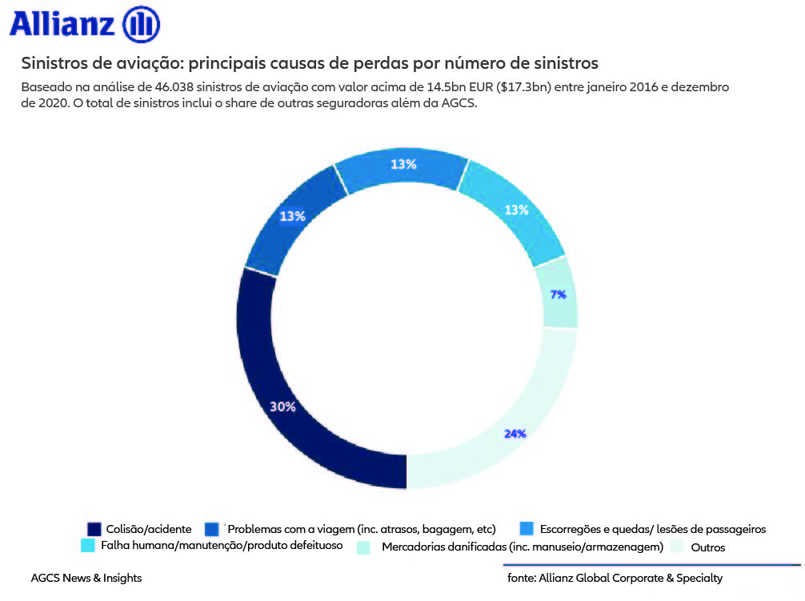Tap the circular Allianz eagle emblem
coord(142,24)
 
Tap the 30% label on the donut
coord(282,407)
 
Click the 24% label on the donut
coord(515,434)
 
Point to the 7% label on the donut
coord(558,294)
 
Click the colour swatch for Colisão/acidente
coord(94,529)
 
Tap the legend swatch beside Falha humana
coord(89,546)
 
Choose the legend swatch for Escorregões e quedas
coord(527,529)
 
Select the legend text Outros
coord(707,548)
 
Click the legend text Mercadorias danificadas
coord(523,547)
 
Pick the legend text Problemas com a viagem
coord(362,529)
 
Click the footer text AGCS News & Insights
coord(86,578)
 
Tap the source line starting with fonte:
coord(615,578)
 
